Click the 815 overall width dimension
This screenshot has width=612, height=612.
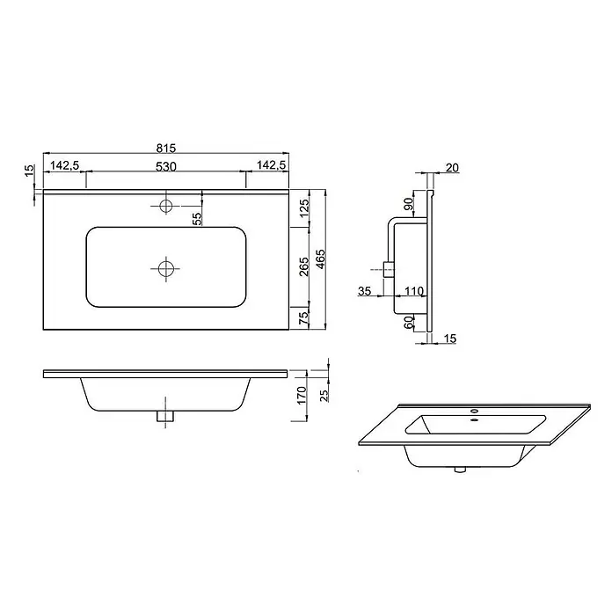(x=166, y=148)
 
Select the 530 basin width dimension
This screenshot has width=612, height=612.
(x=166, y=167)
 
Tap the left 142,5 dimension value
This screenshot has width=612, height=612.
(x=65, y=165)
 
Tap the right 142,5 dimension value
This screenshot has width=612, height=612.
(x=272, y=165)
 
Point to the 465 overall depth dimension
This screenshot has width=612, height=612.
(x=320, y=259)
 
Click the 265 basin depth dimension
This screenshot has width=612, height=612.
(x=303, y=266)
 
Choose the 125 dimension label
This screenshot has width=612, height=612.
(x=304, y=211)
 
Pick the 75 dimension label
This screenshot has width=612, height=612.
(x=304, y=318)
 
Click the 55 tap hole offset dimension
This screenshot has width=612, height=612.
(x=198, y=219)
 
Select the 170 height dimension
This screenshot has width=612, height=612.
(x=302, y=396)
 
